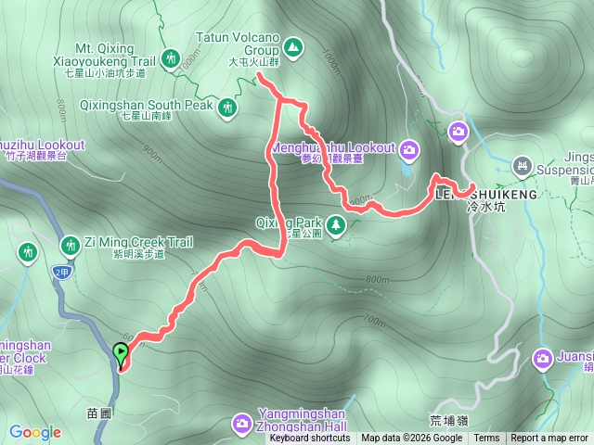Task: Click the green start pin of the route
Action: click(x=121, y=352)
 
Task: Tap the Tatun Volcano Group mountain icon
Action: click(x=293, y=45)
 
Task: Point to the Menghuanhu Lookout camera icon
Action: click(x=410, y=148)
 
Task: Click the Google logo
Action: click(x=35, y=432)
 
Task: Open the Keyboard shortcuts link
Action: click(x=310, y=439)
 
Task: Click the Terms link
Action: click(x=486, y=439)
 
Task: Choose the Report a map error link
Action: click(x=549, y=439)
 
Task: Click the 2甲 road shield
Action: click(x=62, y=272)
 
